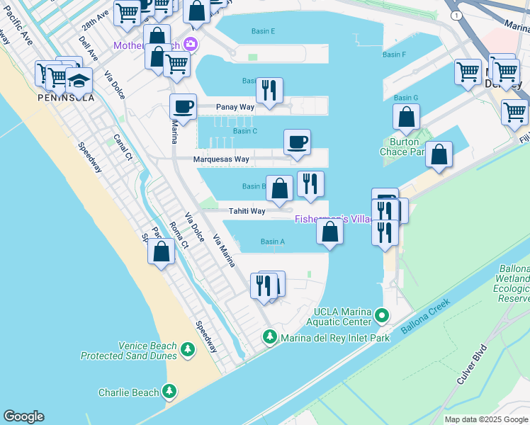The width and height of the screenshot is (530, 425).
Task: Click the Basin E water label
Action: [263, 31]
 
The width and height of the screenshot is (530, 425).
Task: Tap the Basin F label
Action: [394, 55]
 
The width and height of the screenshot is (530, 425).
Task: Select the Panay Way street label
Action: [235, 108]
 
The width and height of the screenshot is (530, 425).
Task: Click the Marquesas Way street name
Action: [221, 159]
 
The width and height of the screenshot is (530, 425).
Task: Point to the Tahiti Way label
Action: [247, 211]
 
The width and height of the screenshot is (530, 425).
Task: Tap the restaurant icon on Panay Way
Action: [269, 90]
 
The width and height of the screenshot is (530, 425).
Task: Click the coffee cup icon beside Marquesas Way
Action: [297, 142]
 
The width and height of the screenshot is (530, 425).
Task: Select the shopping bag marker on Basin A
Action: [329, 231]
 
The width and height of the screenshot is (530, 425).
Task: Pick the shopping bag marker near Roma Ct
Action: [162, 251]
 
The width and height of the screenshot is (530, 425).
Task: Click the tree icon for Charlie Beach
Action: [169, 391]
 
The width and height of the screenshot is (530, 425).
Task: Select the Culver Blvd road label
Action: [470, 364]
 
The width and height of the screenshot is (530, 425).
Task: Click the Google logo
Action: [23, 416]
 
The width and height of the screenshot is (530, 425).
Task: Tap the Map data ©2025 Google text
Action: [486, 419]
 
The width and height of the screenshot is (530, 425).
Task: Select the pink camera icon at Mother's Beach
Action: [189, 45]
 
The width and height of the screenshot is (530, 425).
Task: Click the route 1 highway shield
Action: [458, 15]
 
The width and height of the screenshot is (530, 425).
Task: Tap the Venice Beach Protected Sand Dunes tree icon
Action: [187, 350]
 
